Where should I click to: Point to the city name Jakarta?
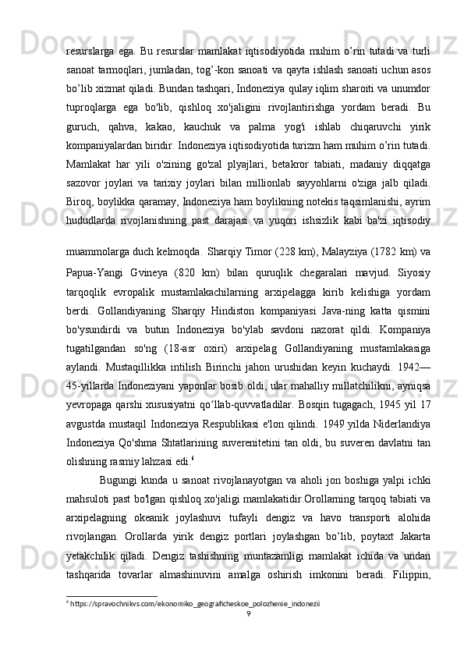(406, 566)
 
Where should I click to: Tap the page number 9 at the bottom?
(248, 635)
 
